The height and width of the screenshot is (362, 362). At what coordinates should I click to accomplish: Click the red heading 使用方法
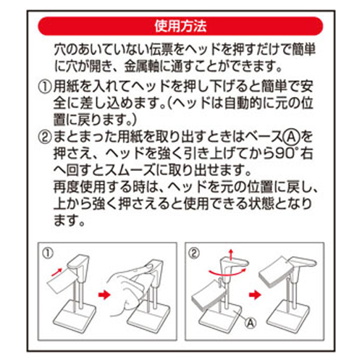coord(180,26)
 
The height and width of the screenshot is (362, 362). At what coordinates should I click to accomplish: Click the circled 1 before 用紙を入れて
coord(45,86)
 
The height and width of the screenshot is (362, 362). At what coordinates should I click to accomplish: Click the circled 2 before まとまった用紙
coord(45,137)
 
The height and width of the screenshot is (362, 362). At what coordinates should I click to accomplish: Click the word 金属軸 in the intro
coord(142,66)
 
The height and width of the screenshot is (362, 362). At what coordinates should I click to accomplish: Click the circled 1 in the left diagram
coord(48,253)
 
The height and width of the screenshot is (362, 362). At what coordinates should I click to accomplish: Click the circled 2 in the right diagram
coord(195,253)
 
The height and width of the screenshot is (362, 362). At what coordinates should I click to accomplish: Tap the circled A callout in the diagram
coord(251,322)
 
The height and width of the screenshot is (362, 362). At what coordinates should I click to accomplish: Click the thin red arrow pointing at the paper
coord(56,272)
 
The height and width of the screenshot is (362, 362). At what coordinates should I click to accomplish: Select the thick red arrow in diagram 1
coord(104,295)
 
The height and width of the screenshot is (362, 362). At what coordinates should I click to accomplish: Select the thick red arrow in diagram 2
coord(255,295)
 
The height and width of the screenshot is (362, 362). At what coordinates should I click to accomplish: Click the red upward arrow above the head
coord(231,254)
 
